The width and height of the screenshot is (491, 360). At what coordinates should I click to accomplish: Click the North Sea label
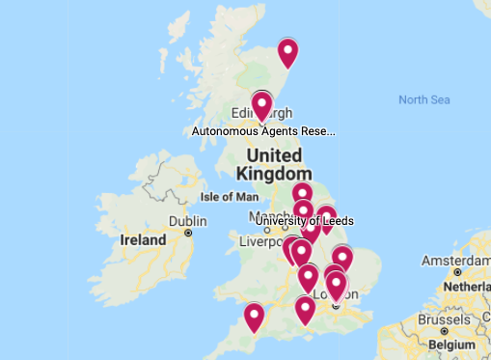click(424, 99)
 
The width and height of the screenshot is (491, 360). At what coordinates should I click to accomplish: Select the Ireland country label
click(143, 238)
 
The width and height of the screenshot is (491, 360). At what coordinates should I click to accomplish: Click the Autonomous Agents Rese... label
click(263, 130)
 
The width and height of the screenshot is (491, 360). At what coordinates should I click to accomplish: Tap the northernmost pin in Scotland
click(287, 52)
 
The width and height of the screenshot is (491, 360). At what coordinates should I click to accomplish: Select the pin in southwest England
click(254, 317)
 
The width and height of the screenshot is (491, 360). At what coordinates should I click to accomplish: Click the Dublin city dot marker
click(189, 233)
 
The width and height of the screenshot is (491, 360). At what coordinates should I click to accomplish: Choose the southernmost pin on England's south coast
click(305, 310)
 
